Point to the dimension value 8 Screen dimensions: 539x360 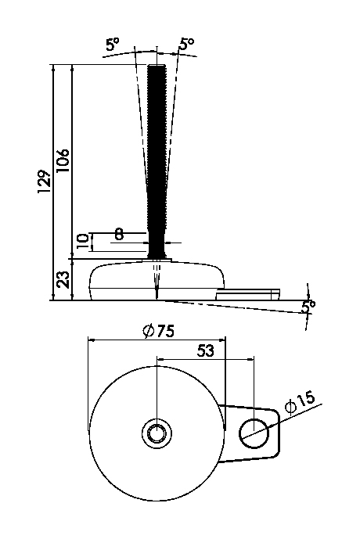click(119, 233)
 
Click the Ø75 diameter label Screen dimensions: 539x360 click(159, 331)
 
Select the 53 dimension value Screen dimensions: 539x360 click(205, 351)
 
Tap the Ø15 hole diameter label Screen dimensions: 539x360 click(301, 403)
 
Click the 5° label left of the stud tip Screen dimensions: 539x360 click(113, 45)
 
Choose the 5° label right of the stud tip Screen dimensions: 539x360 click(186, 45)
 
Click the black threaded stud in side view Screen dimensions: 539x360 click(157, 156)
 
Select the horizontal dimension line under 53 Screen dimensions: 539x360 click(205, 361)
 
